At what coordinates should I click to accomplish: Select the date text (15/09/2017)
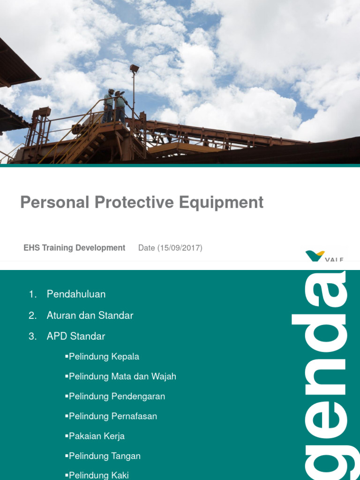170,248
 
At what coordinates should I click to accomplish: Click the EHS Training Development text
74,248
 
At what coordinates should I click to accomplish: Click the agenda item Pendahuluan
76,294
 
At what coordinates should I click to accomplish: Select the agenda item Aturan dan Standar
90,315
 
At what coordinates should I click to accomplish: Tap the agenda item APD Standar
76,336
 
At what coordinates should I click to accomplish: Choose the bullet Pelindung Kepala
104,357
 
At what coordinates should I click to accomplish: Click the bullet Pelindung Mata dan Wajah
122,376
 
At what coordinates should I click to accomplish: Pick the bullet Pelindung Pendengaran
117,397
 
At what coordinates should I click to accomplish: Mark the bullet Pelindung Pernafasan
112,416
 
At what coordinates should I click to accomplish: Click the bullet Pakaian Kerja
97,436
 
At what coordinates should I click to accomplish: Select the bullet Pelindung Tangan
105,456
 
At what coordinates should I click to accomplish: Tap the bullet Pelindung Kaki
98,475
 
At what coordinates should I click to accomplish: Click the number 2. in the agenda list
32,315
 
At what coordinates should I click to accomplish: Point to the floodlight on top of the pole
135,69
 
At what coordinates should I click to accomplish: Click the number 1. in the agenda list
32,294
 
